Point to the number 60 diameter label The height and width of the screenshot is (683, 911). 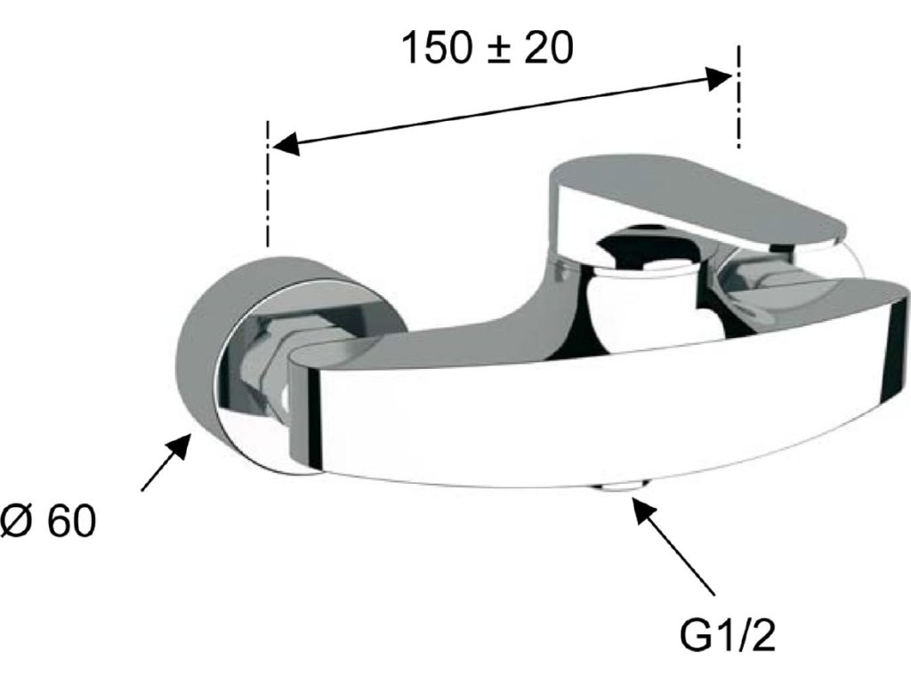[71, 523]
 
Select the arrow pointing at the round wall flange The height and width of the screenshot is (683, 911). [165, 462]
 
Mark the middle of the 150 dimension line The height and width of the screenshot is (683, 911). [502, 110]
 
